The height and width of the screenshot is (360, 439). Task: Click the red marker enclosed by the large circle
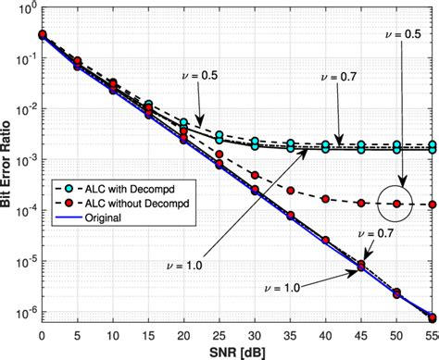point(397,203)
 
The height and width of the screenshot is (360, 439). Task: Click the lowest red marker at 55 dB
point(432,316)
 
